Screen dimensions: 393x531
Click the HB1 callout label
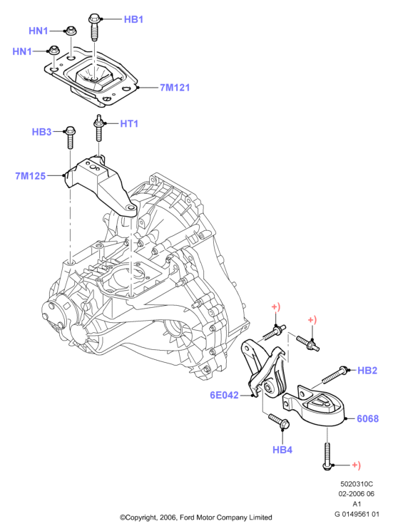coord(133,19)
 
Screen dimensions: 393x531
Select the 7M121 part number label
coord(175,88)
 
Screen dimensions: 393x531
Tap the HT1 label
coord(129,123)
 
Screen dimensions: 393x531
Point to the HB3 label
coord(41,132)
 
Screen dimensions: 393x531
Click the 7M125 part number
coord(31,176)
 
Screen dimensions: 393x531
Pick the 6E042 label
coord(224,395)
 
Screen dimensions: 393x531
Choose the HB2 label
coord(367,371)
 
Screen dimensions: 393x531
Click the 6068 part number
coord(367,419)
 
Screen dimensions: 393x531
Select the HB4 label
coord(282,450)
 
